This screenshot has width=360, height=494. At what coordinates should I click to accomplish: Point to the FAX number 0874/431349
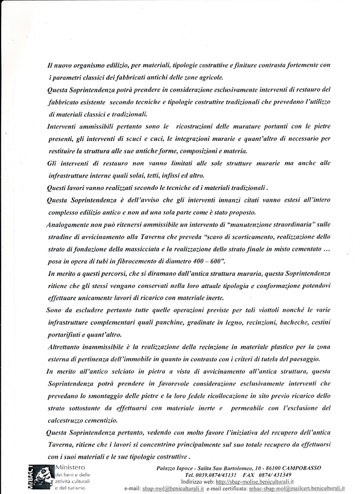click(275, 474)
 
